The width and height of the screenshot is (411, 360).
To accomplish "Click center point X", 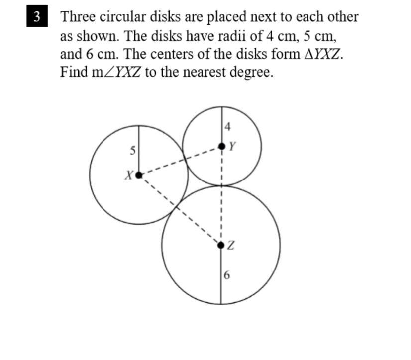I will point(139,175).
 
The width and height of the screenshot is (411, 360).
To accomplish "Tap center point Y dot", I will point(221,146).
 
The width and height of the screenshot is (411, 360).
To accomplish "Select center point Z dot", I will point(221,244).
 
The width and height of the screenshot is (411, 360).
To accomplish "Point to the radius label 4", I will point(227,127).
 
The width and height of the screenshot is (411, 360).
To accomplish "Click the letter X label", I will point(128,175).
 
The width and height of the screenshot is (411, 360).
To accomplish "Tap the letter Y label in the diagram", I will point(232,146).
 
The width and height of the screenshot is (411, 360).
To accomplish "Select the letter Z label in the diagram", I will point(231,245).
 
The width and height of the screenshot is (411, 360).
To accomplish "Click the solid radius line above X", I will point(139,149).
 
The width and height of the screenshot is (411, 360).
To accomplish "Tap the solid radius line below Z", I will point(221,276).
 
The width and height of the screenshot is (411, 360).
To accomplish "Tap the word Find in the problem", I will point(73,72).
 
